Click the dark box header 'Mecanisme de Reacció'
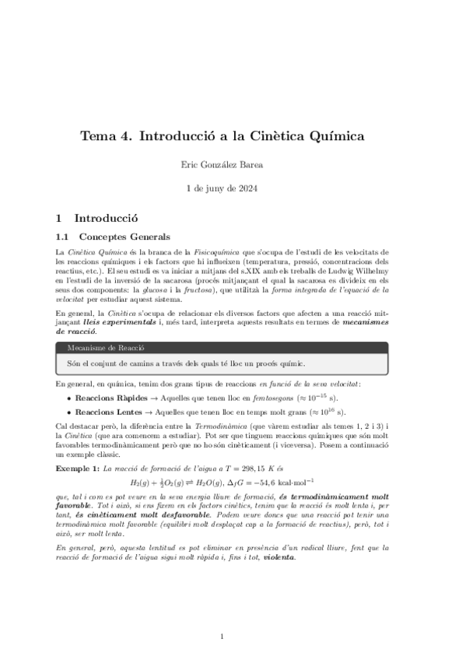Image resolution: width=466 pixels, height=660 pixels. [107, 348]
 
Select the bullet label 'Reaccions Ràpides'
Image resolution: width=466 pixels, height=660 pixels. [107, 396]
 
